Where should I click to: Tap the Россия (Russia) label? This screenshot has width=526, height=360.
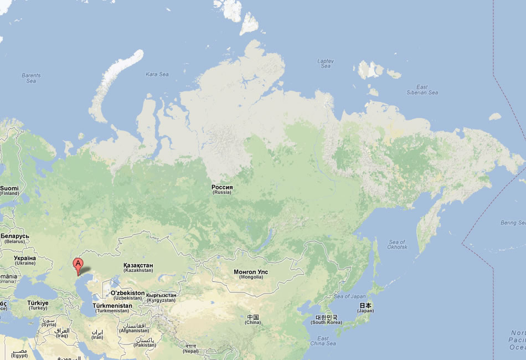point(222,189)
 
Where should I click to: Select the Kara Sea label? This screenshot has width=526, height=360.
point(157,74)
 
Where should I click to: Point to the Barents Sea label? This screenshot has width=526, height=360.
point(31,78)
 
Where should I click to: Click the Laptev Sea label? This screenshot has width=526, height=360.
point(325,63)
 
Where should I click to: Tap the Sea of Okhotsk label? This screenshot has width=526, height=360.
point(397,244)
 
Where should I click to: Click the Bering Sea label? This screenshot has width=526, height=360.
point(512,223)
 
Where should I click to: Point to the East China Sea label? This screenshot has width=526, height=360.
point(323,341)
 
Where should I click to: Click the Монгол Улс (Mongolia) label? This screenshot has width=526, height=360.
point(251,274)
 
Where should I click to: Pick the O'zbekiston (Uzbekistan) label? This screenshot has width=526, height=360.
point(127,295)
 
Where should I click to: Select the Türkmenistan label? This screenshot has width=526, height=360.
point(112,308)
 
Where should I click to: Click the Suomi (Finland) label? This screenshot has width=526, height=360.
point(9,191)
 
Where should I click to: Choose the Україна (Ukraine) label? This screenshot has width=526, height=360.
point(9,260)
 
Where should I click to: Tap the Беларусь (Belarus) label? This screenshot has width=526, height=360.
point(14,238)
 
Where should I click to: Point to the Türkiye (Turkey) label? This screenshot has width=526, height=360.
point(38,305)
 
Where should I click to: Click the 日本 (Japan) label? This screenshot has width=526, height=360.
point(365,307)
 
